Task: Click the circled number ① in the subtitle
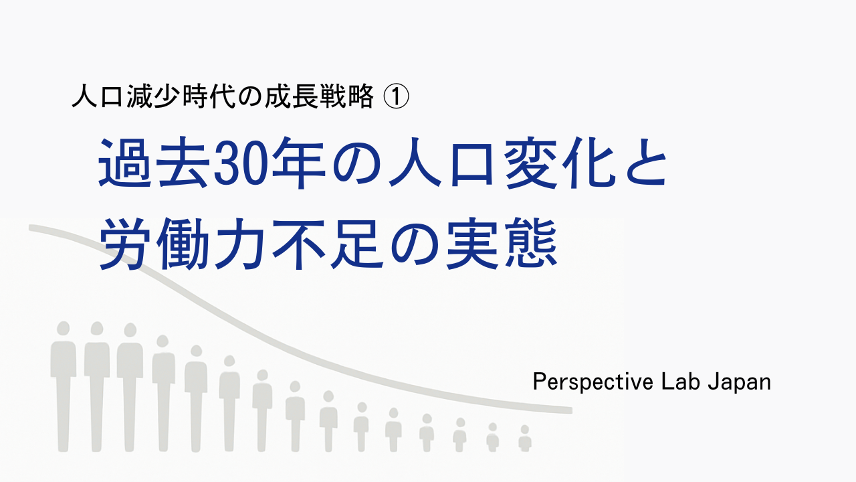[x=396, y=97]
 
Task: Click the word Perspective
[x=588, y=382]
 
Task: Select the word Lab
[x=678, y=382]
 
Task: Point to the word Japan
[x=739, y=382]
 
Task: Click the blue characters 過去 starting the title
[x=154, y=163]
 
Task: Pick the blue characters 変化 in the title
[x=560, y=163]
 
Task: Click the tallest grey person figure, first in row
[x=64, y=386]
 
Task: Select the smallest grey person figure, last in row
[x=525, y=438]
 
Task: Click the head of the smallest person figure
[x=525, y=429]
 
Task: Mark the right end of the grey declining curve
[x=572, y=410]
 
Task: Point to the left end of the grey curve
[x=30, y=228]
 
